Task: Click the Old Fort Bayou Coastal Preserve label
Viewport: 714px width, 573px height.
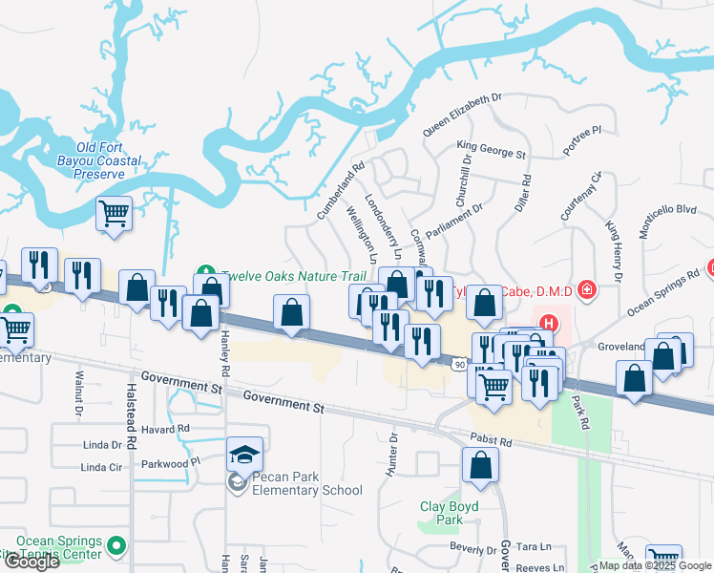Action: click(100, 160)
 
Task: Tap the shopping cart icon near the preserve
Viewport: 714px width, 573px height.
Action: click(114, 212)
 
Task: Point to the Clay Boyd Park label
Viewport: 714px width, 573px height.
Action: click(441, 513)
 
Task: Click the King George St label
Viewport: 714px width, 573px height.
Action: click(491, 148)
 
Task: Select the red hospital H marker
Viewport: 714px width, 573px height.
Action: click(547, 323)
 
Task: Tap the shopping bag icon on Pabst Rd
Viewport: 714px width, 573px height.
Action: click(481, 466)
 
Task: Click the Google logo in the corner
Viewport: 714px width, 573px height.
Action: click(31, 562)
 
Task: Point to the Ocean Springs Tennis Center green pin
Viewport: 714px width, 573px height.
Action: click(116, 545)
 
